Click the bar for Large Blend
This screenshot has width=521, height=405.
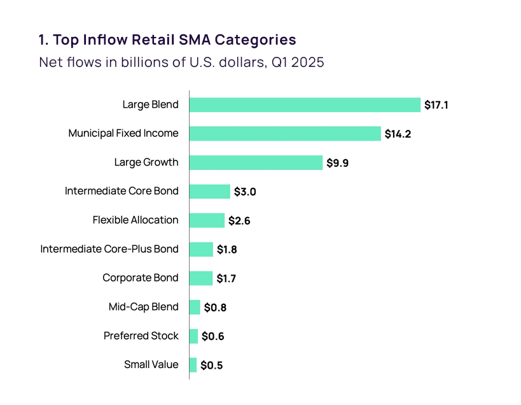[x=305, y=104]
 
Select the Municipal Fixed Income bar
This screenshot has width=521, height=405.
[x=285, y=134]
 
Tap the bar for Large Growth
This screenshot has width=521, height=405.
[x=256, y=162]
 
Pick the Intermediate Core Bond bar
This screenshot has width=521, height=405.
[x=209, y=192]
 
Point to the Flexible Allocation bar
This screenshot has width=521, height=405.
[x=207, y=220]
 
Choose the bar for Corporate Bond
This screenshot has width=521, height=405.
[x=201, y=278]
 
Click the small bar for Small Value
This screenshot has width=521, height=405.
[x=193, y=365]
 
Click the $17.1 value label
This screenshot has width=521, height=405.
[x=436, y=105]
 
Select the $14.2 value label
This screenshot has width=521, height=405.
[x=398, y=134]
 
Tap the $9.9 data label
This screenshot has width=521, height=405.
[x=338, y=163]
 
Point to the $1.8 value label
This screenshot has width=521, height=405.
[x=226, y=250]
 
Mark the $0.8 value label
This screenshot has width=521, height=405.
[x=215, y=308]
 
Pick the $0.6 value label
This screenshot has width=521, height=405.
[x=212, y=336]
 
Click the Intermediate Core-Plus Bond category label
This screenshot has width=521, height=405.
[x=109, y=249]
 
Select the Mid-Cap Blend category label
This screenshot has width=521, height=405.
[x=144, y=307]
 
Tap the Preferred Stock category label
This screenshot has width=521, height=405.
[x=141, y=336]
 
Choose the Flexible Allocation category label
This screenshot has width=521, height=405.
[x=135, y=220]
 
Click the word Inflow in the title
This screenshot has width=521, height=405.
[x=109, y=39]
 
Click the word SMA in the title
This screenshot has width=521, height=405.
[x=195, y=39]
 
